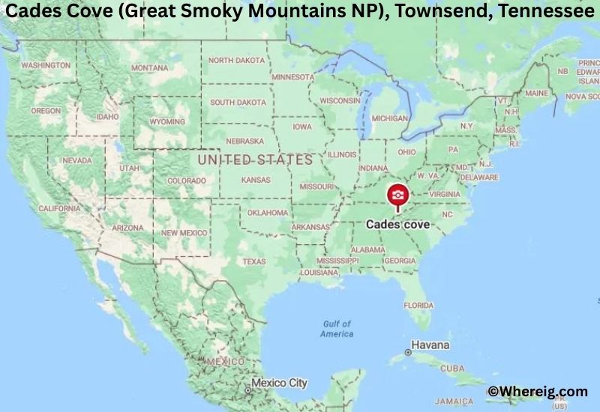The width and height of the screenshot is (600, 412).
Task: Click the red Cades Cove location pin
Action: coord(397,196)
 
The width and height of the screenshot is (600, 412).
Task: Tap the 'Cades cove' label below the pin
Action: coord(397,224)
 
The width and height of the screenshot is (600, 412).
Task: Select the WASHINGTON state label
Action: coord(46,65)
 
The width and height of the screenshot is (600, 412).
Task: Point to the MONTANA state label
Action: coord(149,67)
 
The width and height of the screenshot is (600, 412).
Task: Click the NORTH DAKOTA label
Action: coord(236,60)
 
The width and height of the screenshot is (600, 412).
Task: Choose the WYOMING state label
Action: coord(167,121)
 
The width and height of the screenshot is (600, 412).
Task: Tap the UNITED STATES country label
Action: coord(255,160)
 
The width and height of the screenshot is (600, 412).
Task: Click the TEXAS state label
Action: coord(254,261)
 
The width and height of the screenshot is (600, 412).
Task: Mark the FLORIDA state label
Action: coord(418,305)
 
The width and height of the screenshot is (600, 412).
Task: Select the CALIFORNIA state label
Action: coord(59,208)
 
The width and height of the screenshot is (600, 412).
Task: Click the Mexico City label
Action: coord(279,383)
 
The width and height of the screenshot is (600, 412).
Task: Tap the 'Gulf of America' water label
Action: coord(337,328)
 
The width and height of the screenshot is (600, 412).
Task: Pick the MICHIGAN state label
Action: coord(390,118)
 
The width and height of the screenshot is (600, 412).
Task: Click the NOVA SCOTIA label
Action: coord(583,96)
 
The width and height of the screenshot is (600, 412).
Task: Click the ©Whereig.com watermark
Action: coord(537,390)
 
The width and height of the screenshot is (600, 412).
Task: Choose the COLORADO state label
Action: coord(186,181)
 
